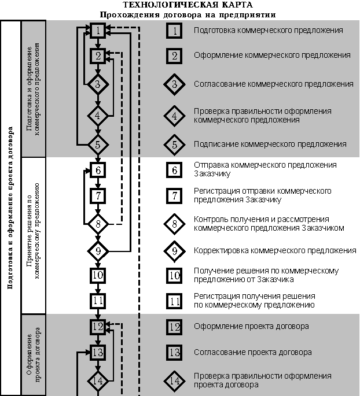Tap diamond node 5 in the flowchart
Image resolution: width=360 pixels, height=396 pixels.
tap(98, 143)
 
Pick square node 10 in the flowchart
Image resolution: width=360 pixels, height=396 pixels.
tap(98, 275)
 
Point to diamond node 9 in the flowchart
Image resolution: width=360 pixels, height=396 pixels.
tap(98, 251)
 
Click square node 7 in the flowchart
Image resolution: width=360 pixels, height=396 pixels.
tap(98, 195)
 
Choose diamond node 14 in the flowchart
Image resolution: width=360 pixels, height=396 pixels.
tap(98, 380)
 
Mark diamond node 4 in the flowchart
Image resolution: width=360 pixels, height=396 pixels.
tap(98, 116)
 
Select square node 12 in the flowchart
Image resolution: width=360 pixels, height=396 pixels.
tap(98, 327)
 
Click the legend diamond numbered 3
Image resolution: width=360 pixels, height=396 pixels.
tap(174, 84)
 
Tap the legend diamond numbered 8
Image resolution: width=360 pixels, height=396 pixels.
tap(174, 223)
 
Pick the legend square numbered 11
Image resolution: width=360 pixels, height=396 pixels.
tap(174, 301)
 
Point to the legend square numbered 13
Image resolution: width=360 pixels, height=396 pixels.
tap(174, 352)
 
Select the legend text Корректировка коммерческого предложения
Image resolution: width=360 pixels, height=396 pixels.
tap(275, 250)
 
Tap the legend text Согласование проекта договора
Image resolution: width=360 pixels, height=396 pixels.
tap(253, 352)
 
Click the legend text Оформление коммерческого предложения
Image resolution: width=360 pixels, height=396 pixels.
tap(272, 55)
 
